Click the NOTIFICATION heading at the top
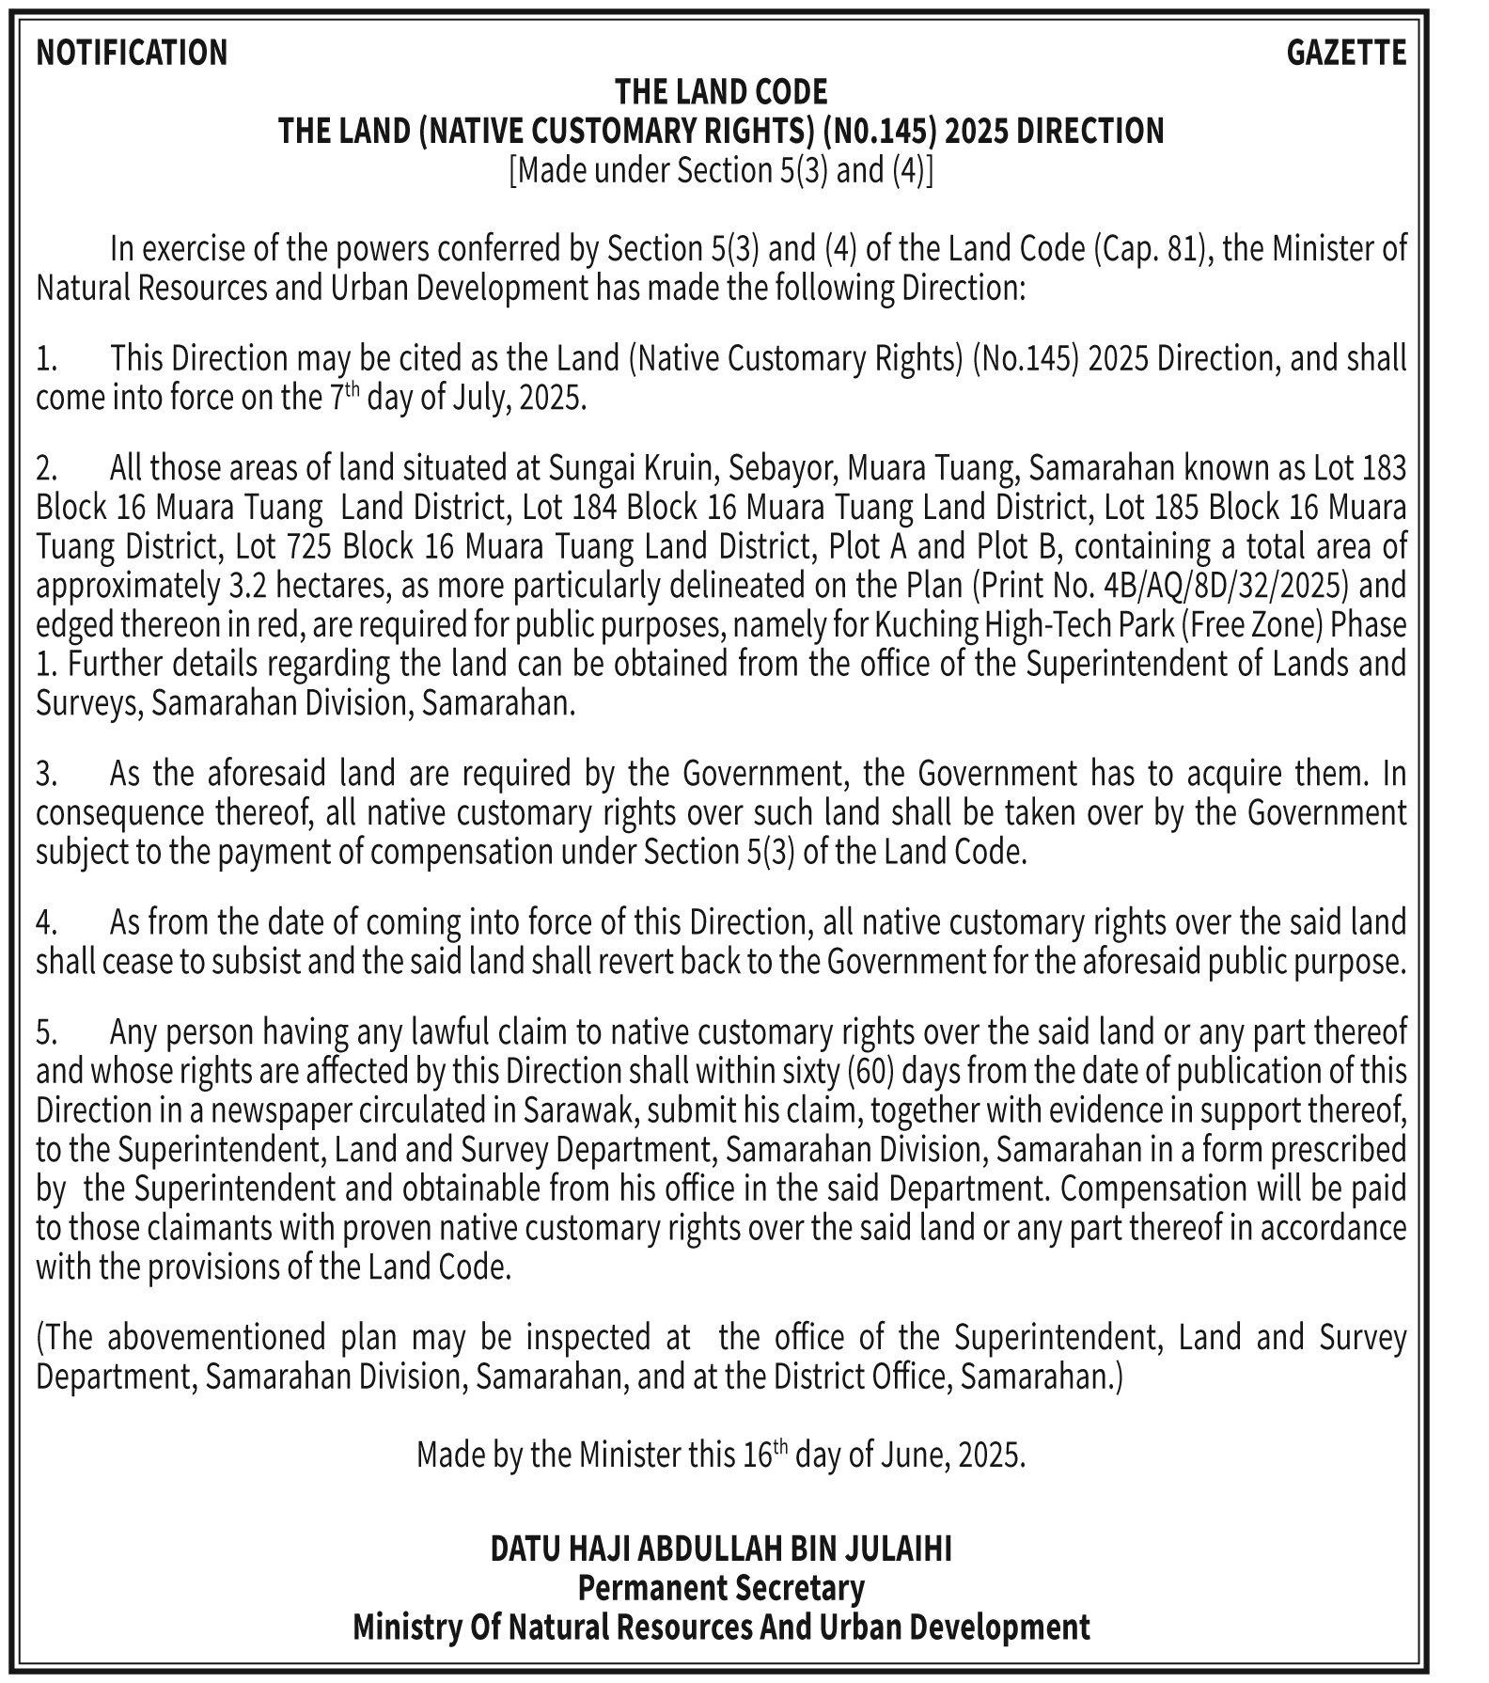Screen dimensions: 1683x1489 [x=132, y=53]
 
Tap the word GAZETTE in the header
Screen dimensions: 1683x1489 [x=1345, y=53]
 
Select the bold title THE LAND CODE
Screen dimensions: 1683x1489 [x=721, y=92]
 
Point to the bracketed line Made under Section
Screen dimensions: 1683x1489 [x=721, y=171]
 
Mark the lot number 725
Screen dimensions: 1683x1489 [x=308, y=546]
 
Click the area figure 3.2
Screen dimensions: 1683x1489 [x=246, y=586]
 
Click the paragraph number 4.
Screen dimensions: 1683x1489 [x=46, y=922]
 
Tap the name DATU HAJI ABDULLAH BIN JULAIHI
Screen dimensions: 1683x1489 [x=721, y=1549]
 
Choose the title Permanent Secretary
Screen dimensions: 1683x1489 [x=721, y=1588]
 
